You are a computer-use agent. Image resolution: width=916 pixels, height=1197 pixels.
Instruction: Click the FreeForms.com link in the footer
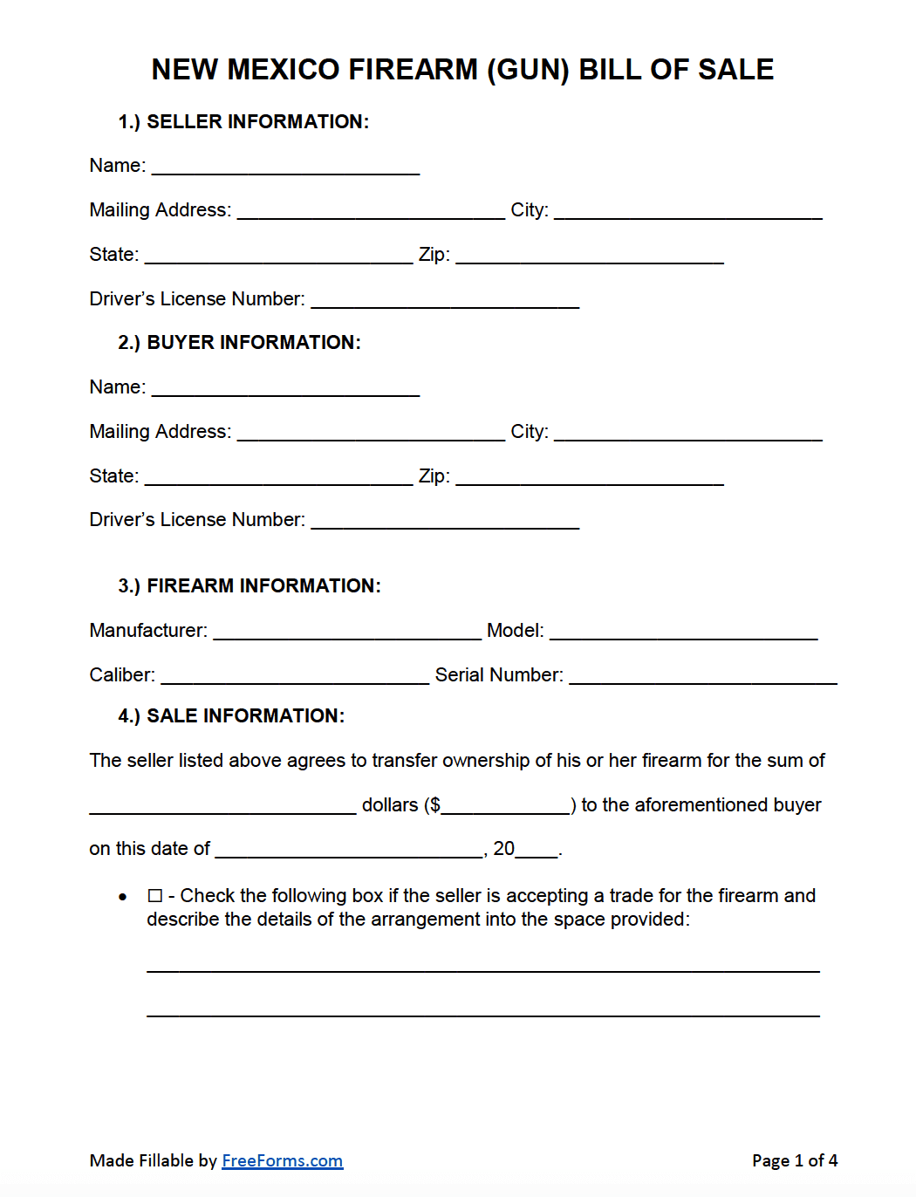[x=282, y=1160]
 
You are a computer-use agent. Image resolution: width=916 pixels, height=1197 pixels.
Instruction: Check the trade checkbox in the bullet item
[x=155, y=896]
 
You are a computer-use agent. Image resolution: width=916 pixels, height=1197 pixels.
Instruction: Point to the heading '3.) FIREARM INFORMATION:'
[x=250, y=586]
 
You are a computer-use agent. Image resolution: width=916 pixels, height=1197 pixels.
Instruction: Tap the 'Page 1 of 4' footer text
[x=794, y=1160]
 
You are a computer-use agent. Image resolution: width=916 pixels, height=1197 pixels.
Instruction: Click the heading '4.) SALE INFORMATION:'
[x=231, y=716]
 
